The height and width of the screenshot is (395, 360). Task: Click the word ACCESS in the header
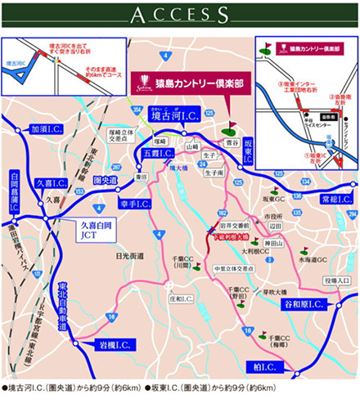[x=180, y=15]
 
